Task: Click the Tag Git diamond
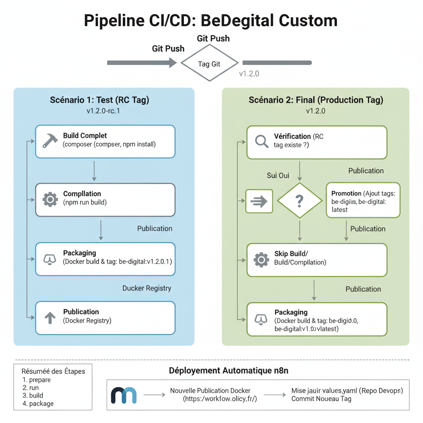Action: [209, 64]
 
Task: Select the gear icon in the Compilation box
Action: [50, 200]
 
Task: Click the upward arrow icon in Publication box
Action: [50, 317]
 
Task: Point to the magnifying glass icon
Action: [262, 141]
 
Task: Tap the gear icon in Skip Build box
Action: [261, 259]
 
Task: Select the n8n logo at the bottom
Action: [124, 395]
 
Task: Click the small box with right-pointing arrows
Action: [259, 201]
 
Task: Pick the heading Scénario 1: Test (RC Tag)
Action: [100, 100]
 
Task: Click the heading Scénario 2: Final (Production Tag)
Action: [316, 100]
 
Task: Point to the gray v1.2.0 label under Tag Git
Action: [249, 74]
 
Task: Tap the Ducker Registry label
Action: [147, 288]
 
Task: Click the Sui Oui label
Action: [278, 176]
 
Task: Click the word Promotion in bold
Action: [346, 193]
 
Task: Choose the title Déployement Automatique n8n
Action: [228, 371]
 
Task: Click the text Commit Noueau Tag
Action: [321, 399]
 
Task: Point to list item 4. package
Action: [38, 404]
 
